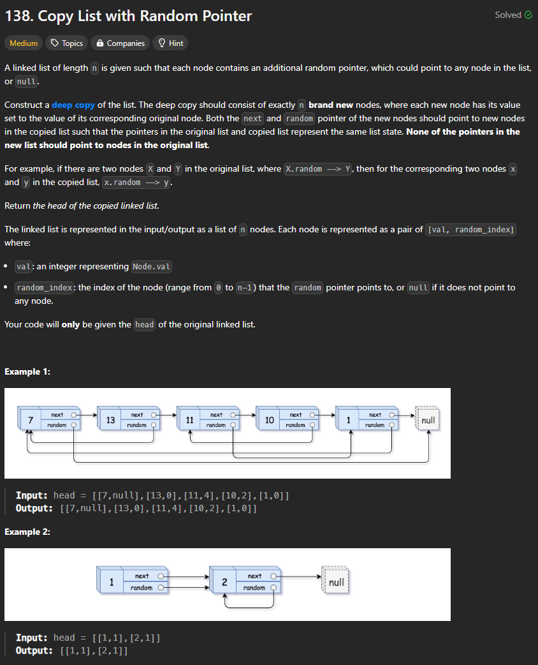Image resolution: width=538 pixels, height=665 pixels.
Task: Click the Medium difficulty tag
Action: (24, 43)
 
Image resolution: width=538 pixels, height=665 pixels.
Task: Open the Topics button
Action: (67, 43)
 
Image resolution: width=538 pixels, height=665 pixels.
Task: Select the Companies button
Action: (120, 43)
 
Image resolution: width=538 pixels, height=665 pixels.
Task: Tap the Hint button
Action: (171, 43)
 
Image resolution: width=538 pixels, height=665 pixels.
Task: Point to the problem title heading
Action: (128, 17)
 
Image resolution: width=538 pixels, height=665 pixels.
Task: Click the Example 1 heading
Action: (27, 371)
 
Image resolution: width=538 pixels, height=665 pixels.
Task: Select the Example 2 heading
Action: (27, 532)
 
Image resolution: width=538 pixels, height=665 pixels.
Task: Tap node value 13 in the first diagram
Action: (110, 420)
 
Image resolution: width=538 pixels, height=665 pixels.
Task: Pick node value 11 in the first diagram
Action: (189, 420)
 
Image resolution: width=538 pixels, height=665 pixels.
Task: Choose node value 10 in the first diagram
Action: (269, 420)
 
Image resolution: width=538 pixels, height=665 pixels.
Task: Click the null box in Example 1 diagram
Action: (428, 421)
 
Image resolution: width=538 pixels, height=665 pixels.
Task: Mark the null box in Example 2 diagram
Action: (336, 582)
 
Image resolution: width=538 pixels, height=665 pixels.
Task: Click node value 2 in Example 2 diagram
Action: (224, 582)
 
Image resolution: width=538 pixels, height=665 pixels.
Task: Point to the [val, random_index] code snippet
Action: (470, 230)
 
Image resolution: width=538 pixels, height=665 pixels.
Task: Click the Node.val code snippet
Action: (152, 267)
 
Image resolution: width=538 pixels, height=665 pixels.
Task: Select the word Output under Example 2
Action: (34, 651)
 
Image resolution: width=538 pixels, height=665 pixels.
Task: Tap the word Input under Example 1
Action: (30, 495)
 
